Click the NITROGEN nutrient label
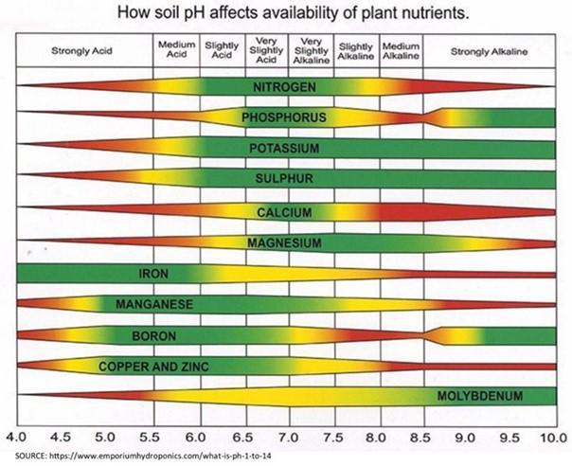coord(285,87)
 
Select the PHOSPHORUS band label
coord(285,118)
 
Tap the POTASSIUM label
coord(285,149)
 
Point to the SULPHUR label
coord(285,179)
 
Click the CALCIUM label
coord(285,212)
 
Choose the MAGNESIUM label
coord(285,243)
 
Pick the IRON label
coord(153,274)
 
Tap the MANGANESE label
coord(153,304)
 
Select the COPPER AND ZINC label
coord(153,366)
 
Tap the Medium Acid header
coord(176,51)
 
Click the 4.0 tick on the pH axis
coord(16,439)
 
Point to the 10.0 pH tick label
coord(552,439)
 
